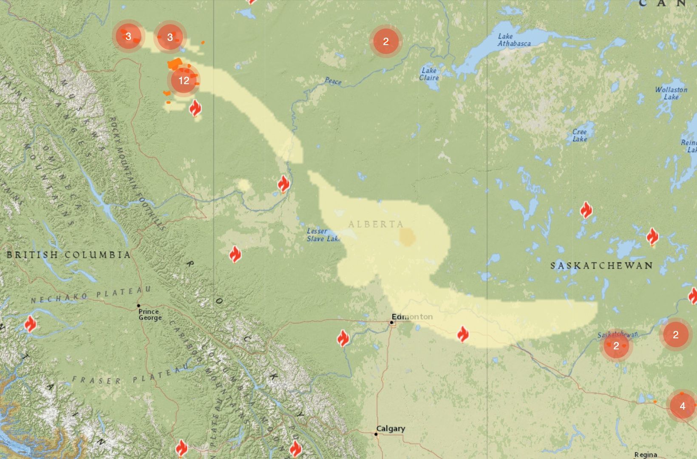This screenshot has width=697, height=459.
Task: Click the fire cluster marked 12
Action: point(184,80)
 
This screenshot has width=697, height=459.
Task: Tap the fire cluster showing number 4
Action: point(682,406)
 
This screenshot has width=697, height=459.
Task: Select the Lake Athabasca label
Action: point(514,40)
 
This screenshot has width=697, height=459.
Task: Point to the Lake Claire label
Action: point(429,74)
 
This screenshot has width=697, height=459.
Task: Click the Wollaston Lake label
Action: point(671,93)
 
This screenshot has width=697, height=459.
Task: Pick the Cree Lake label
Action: point(580,135)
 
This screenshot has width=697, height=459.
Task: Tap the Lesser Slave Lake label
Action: point(324,235)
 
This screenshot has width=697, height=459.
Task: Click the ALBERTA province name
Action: point(376,224)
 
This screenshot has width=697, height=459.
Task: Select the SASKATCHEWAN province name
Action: point(601,266)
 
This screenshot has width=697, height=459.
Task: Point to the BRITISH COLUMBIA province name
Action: point(68,255)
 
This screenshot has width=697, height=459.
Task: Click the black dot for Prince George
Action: point(139,306)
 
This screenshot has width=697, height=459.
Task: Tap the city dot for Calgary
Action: point(376,434)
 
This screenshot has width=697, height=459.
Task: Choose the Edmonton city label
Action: point(412,317)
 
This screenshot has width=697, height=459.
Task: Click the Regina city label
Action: point(646,455)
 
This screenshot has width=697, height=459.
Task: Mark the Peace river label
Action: point(333,81)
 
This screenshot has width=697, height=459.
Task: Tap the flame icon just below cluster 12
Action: point(195,108)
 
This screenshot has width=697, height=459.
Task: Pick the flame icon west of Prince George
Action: point(30,324)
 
